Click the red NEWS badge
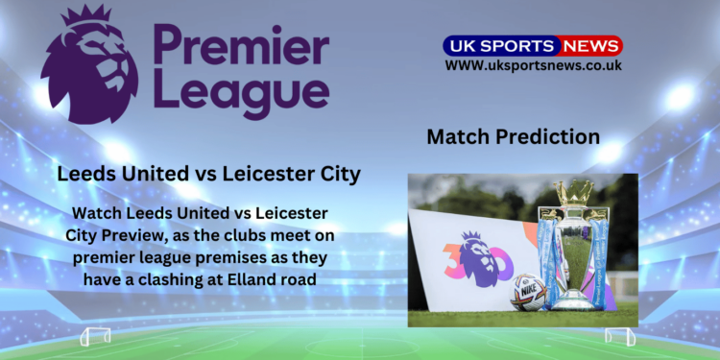(590, 46)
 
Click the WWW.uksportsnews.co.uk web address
(533, 65)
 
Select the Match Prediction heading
(513, 136)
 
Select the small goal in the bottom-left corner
(95, 336)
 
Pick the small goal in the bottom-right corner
(619, 336)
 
